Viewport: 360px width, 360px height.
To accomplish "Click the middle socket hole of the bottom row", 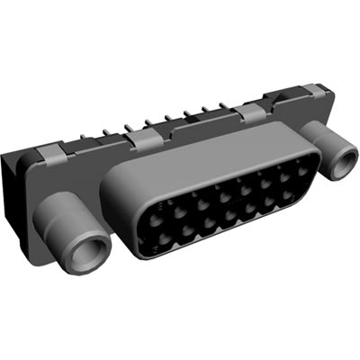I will [228, 214].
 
